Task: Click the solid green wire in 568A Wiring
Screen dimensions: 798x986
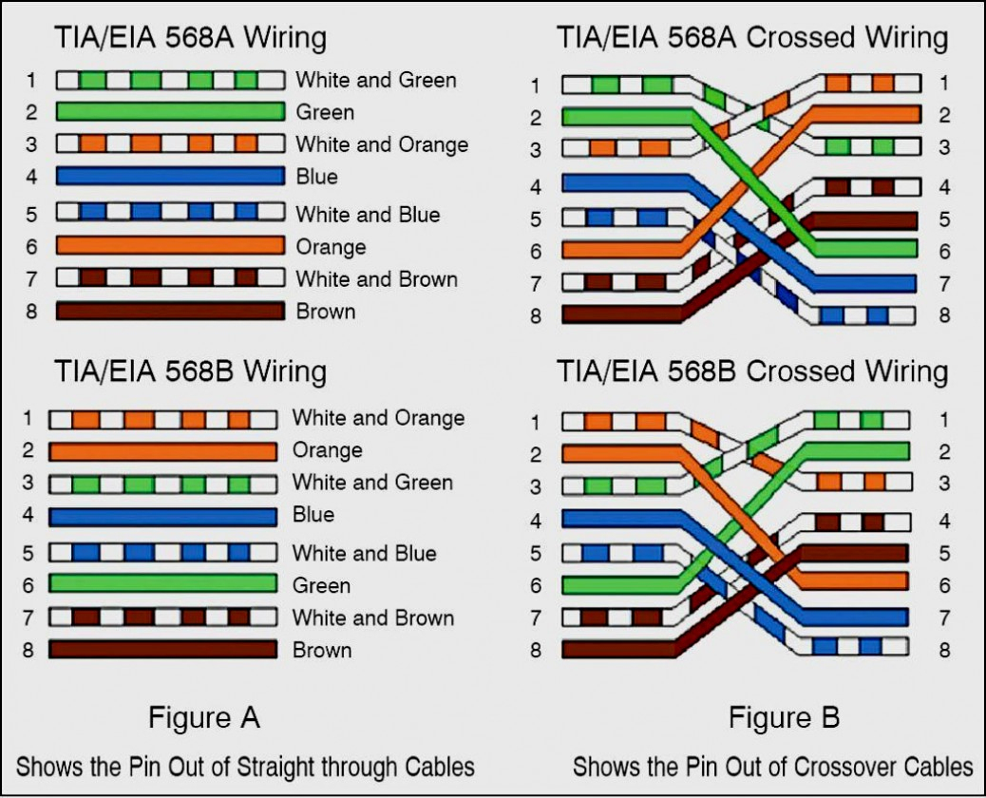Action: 170,112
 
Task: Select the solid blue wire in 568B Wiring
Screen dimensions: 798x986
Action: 162,516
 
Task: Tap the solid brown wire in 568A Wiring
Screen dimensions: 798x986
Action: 170,311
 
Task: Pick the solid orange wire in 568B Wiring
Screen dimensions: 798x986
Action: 162,450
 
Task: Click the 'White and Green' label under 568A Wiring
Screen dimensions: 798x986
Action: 375,80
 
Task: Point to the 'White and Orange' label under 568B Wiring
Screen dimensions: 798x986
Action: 378,418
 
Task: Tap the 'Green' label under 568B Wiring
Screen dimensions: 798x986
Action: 321,585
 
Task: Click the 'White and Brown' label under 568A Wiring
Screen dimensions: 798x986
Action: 376,279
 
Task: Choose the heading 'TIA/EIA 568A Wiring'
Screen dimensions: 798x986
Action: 190,38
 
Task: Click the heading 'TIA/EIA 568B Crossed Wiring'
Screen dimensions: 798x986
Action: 752,370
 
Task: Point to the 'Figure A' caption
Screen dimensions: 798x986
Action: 203,717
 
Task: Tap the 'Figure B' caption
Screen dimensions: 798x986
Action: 784,717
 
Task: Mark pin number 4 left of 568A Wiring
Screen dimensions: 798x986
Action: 31,177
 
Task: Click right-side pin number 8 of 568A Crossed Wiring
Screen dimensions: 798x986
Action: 944,315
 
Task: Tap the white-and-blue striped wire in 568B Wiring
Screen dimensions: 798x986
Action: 162,552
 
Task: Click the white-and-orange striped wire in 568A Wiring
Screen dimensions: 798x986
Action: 170,144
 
